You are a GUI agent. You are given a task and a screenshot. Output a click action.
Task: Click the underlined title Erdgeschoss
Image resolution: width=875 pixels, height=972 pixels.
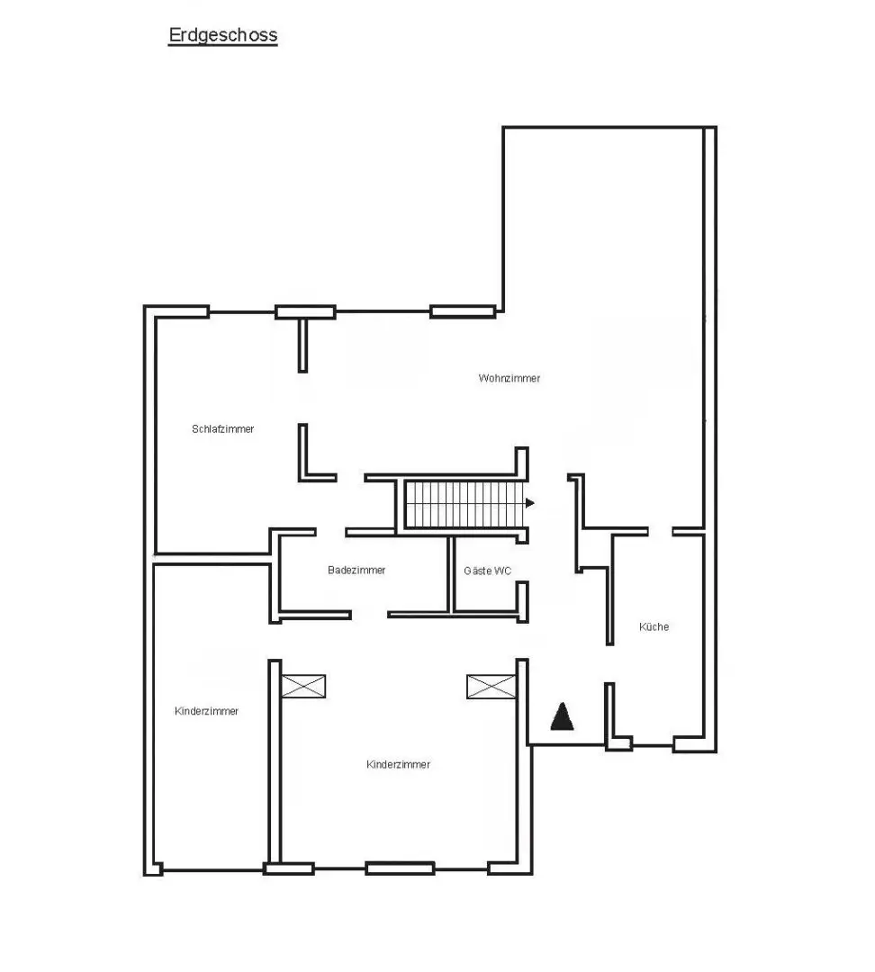point(222,35)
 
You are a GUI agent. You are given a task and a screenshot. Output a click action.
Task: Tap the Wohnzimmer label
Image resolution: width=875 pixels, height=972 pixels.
point(510,378)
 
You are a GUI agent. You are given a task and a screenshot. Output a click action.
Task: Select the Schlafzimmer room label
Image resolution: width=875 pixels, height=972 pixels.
point(222,429)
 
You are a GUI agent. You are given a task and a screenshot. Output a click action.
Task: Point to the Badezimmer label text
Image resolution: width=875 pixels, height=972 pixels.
point(356,571)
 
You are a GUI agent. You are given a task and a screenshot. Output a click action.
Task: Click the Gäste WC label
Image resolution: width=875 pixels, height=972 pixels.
point(487,571)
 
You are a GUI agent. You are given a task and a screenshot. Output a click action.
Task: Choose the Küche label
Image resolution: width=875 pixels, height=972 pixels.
point(654,626)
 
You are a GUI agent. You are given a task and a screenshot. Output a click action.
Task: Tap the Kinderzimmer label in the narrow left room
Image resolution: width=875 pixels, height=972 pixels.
point(206,711)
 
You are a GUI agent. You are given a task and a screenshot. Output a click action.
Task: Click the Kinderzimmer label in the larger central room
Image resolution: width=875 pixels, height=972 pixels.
point(398,764)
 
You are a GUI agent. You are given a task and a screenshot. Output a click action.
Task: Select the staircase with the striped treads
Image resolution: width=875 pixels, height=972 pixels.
point(464,504)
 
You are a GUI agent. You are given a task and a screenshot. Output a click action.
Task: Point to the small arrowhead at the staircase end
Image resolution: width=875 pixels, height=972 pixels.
point(529,503)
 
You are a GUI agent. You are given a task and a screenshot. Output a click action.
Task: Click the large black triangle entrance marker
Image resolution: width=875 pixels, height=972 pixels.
point(562,716)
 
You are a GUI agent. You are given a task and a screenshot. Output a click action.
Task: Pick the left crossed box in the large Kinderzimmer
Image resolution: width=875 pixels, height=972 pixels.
point(303,686)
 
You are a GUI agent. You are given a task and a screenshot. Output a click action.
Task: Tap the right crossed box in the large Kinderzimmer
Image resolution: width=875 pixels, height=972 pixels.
point(492,686)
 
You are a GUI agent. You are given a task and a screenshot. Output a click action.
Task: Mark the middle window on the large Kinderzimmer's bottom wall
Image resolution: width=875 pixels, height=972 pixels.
point(400,868)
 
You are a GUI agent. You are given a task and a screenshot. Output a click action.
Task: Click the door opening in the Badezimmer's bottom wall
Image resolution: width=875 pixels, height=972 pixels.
point(370,615)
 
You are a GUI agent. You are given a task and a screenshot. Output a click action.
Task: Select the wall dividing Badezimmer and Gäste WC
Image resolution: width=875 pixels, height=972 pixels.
point(451,574)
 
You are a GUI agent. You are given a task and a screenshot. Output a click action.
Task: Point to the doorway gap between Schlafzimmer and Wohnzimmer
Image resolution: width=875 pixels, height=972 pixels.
point(302,398)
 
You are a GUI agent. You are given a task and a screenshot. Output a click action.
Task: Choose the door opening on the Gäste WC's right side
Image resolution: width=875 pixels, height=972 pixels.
point(523,562)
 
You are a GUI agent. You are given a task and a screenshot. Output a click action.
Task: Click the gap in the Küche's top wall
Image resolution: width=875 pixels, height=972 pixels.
point(661,531)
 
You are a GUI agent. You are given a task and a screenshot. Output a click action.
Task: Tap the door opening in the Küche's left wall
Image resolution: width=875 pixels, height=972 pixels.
point(609,664)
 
